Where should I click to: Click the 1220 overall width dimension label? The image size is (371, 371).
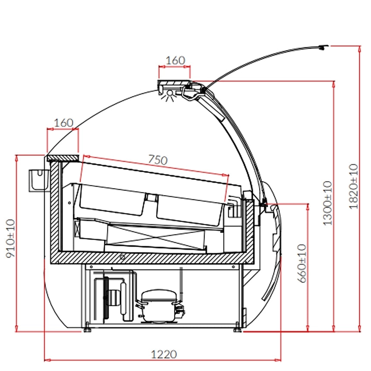(x=164, y=354)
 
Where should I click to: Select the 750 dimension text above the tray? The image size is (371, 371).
(x=158, y=160)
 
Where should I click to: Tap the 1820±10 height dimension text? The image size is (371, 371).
(x=353, y=186)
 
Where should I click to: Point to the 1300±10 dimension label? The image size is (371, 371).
(x=328, y=203)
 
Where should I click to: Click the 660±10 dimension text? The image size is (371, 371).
(x=302, y=263)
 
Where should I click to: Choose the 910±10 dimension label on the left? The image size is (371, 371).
(x=10, y=239)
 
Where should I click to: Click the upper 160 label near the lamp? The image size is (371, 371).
(x=175, y=60)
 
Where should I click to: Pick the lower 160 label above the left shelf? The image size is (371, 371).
(x=64, y=123)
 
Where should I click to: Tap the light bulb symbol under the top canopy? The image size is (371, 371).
(x=169, y=95)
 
